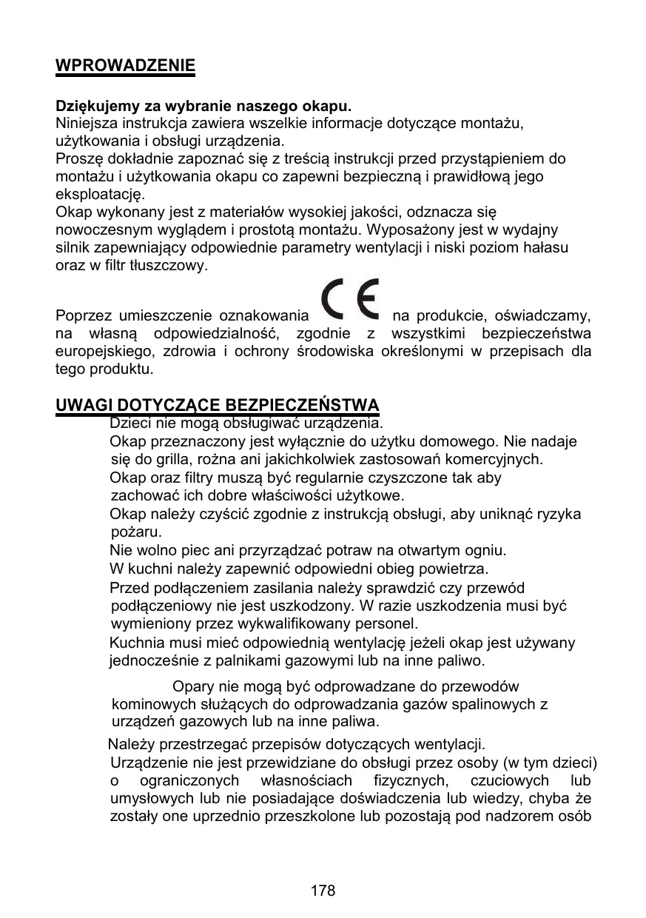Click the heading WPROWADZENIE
(126, 66)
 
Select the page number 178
(323, 891)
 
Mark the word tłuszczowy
(172, 266)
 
